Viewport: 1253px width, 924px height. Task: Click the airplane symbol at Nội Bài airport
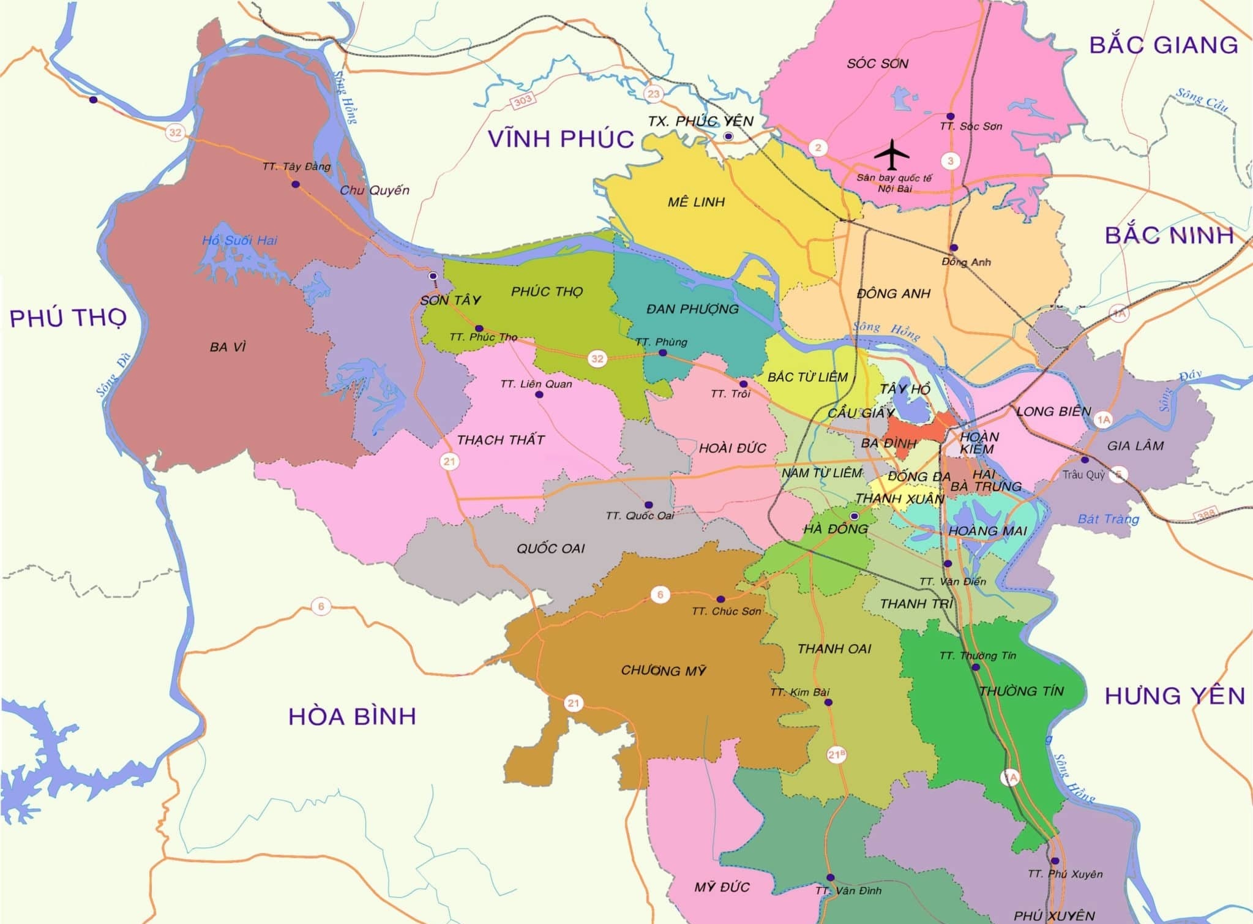coord(892,154)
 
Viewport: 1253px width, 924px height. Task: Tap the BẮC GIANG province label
coord(1163,45)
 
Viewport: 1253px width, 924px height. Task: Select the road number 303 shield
coord(523,100)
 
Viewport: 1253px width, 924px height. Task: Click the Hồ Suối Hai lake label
coord(239,241)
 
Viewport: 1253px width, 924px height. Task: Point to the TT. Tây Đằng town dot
coord(296,184)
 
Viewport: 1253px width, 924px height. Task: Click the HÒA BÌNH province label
coord(352,716)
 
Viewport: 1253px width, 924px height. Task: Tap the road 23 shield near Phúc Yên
coord(654,94)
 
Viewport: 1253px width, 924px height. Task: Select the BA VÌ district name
coord(227,347)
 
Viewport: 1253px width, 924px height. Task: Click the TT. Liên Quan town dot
coord(539,395)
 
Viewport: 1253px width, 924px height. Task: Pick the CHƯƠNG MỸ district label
coord(664,670)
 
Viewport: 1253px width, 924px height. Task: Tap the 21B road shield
coord(836,754)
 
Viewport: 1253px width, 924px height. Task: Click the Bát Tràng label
coord(1108,519)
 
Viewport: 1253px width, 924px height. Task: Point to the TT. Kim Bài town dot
coord(829,702)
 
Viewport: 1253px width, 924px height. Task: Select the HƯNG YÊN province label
coord(1175,696)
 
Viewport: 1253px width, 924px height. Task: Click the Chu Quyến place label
coord(374,190)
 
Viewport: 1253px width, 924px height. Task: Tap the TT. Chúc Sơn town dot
coord(720,599)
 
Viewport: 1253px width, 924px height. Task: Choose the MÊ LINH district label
coord(696,202)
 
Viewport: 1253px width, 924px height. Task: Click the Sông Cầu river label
coord(1202,101)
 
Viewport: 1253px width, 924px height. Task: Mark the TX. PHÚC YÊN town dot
coord(728,136)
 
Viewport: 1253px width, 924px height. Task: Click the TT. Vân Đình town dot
coord(831,877)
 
